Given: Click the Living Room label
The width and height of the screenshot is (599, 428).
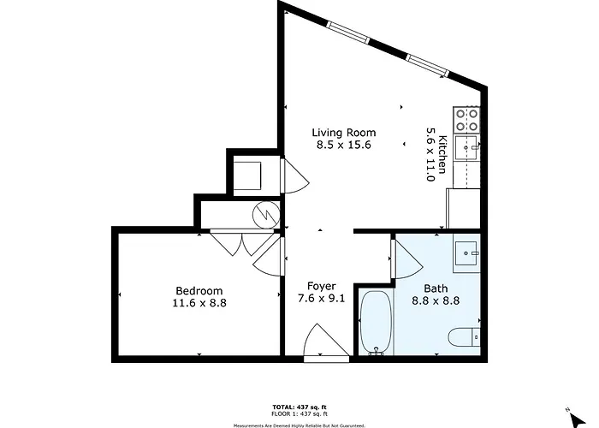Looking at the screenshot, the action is (344, 133).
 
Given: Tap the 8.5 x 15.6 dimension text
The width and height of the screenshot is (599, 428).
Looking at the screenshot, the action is (344, 145).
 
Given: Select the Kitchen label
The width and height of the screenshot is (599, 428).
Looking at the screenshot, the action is (442, 154).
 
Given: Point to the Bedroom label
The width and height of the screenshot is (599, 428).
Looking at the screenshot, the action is (199, 291).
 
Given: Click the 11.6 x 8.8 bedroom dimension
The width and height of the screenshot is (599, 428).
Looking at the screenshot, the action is (199, 303).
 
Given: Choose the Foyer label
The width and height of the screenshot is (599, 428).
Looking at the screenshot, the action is (322, 286).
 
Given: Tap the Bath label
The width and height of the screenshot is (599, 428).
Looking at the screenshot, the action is (436, 288).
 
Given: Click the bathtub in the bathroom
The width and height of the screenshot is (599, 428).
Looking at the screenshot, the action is (377, 323).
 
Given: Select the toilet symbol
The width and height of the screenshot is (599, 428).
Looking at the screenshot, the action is (464, 337).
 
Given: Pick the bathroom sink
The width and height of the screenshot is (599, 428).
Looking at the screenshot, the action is (466, 253).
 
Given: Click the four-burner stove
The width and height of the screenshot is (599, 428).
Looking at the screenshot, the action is (466, 120).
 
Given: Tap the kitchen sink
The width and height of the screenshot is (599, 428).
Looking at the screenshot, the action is (466, 147).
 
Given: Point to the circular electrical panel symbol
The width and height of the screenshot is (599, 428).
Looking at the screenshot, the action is (266, 215).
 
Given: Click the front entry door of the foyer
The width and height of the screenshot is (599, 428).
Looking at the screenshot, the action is (326, 342).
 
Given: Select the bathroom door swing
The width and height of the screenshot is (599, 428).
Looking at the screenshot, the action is (406, 259).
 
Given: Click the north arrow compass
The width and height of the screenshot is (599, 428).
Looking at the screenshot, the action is (578, 418).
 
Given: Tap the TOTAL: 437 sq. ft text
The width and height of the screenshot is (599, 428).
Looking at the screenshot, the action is (299, 407).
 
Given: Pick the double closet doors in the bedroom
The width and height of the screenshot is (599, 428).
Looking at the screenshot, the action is (242, 243).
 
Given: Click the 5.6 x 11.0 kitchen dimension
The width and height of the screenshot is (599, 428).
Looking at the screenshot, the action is (430, 154).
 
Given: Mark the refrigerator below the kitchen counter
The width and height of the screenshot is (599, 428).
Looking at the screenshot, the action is (463, 209).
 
